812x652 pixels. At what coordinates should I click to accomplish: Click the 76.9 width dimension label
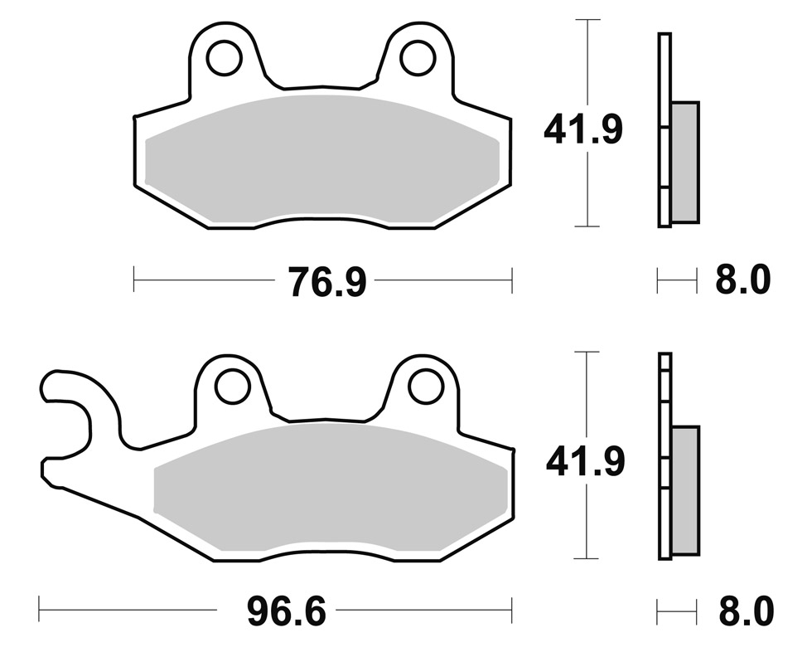tap(327, 282)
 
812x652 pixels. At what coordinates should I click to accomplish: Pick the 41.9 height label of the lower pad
tap(585, 461)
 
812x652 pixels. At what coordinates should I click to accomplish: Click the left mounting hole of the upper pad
tap(225, 56)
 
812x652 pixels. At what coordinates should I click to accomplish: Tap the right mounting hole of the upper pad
tap(418, 57)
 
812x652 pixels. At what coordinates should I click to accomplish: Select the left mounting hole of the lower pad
tap(233, 386)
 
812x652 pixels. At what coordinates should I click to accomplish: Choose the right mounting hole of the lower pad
tap(426, 386)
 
